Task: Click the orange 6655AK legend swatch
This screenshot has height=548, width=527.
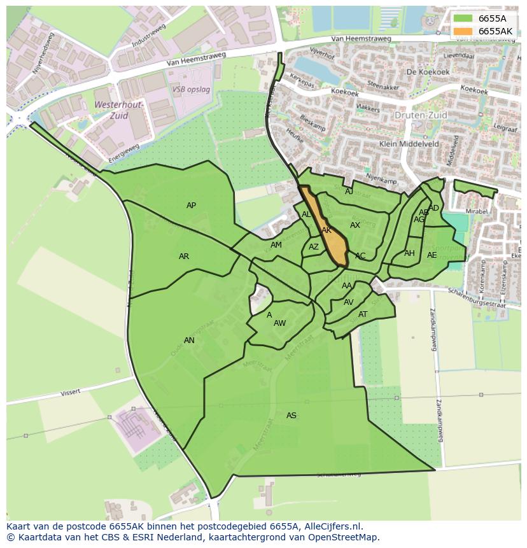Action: pos(463,31)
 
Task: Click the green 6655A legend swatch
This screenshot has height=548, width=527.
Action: pos(463,18)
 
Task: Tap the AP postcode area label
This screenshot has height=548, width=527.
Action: pos(191,206)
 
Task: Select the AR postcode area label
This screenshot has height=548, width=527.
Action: pos(184,256)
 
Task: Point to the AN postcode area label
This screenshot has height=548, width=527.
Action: pos(189,341)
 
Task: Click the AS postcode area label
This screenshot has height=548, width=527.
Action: pos(292,416)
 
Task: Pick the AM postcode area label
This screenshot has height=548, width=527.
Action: pos(276,245)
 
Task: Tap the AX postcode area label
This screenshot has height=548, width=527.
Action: pos(355,225)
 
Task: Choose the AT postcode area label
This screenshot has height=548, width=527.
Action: pos(363,314)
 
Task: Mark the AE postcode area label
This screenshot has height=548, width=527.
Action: pos(432,255)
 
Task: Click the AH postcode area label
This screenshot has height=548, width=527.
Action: pos(409,253)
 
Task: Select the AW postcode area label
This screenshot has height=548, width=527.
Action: pos(280,323)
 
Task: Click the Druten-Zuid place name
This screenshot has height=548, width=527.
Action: pos(421,115)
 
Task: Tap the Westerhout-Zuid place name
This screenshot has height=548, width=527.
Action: pos(120,110)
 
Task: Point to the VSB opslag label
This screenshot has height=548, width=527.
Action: pos(191,90)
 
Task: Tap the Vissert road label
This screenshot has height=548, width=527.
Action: pos(70,393)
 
